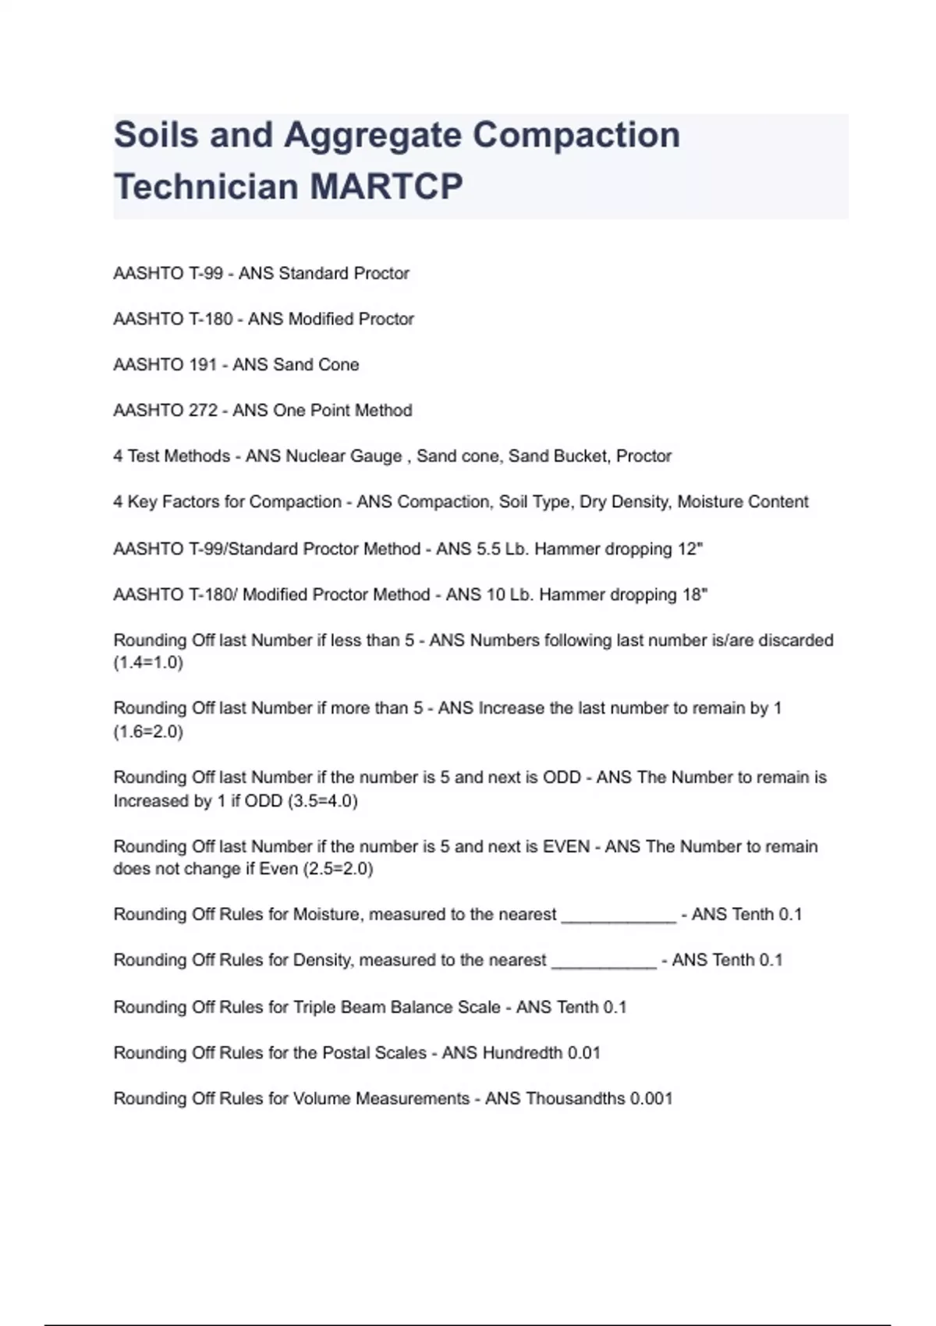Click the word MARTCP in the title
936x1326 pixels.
(x=386, y=186)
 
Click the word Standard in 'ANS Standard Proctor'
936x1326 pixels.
(x=314, y=273)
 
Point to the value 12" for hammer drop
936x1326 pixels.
(x=690, y=548)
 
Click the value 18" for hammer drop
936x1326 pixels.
(x=695, y=594)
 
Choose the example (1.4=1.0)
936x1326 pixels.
(x=148, y=663)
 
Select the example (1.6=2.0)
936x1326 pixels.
(x=148, y=732)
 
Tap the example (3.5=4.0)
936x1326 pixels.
(x=323, y=800)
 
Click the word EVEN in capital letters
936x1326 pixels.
(x=566, y=846)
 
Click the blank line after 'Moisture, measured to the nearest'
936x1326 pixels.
(x=619, y=916)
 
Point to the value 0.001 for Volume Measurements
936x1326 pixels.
(x=651, y=1098)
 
